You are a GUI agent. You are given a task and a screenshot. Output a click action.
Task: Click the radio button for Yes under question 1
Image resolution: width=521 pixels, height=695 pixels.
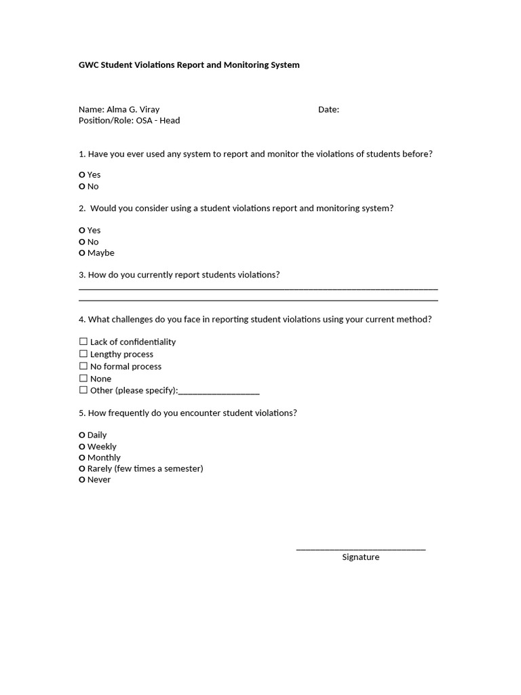(82, 175)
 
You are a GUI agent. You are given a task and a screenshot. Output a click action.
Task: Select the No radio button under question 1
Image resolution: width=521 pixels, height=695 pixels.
(82, 187)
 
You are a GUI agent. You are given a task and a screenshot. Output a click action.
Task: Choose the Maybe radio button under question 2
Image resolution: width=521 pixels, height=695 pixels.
(82, 253)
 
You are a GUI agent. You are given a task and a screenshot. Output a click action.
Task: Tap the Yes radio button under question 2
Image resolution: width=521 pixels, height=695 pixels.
(82, 231)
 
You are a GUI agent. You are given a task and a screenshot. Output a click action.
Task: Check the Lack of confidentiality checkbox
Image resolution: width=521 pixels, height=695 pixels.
(83, 341)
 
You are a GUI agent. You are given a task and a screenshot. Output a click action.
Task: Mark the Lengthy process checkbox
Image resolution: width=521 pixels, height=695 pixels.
(83, 354)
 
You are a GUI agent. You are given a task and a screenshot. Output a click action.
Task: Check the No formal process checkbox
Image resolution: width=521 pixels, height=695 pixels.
(83, 366)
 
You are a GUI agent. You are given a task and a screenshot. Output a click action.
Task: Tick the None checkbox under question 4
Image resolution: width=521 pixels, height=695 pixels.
(83, 378)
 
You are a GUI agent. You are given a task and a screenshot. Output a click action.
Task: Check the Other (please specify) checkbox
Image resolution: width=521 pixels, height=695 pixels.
(83, 390)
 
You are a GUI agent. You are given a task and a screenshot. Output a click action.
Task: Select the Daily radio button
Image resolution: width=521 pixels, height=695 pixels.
(82, 435)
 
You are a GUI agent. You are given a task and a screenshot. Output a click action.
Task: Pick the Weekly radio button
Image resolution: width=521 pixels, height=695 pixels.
(82, 447)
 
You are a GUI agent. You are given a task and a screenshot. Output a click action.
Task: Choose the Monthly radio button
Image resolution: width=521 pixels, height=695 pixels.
(82, 458)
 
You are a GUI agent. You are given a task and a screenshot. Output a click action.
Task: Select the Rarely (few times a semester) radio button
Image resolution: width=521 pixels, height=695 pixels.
(82, 469)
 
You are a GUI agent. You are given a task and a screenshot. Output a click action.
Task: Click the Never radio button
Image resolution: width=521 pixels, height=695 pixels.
(82, 480)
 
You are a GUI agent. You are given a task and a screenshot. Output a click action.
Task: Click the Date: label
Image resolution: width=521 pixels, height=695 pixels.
(328, 109)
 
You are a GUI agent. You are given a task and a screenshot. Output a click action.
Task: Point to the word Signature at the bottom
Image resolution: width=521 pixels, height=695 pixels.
(360, 557)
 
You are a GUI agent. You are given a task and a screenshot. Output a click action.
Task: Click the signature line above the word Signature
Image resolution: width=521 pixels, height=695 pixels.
(360, 548)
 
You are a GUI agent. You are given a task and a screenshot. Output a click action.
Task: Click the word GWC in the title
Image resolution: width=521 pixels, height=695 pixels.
(89, 65)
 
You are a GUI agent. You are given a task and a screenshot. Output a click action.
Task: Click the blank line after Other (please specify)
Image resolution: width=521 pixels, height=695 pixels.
(218, 392)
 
